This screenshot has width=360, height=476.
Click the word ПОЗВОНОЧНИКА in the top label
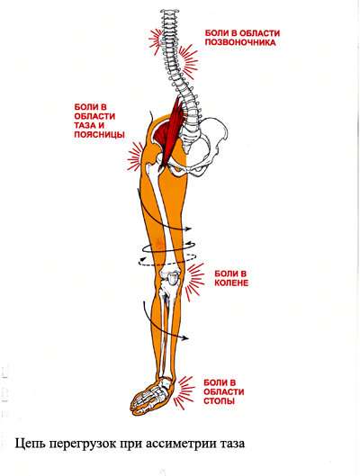(x=240, y=42)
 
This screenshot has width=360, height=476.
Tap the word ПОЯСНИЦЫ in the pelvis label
(x=99, y=134)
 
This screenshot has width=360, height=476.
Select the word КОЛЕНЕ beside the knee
(x=231, y=283)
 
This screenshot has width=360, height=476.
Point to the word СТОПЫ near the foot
(x=219, y=400)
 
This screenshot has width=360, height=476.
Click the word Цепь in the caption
(x=30, y=445)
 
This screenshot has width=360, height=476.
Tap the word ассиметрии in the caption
(x=181, y=445)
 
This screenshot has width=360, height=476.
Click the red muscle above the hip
(x=171, y=130)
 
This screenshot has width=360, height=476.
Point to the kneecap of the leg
(x=172, y=279)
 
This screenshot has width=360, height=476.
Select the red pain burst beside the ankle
(x=184, y=392)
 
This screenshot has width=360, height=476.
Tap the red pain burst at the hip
(x=135, y=157)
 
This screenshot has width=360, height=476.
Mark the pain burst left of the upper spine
(x=156, y=40)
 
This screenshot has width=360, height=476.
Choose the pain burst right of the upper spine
(x=188, y=61)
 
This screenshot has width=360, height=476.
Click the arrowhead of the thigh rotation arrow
(x=188, y=229)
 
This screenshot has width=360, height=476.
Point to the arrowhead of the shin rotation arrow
(x=185, y=337)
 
